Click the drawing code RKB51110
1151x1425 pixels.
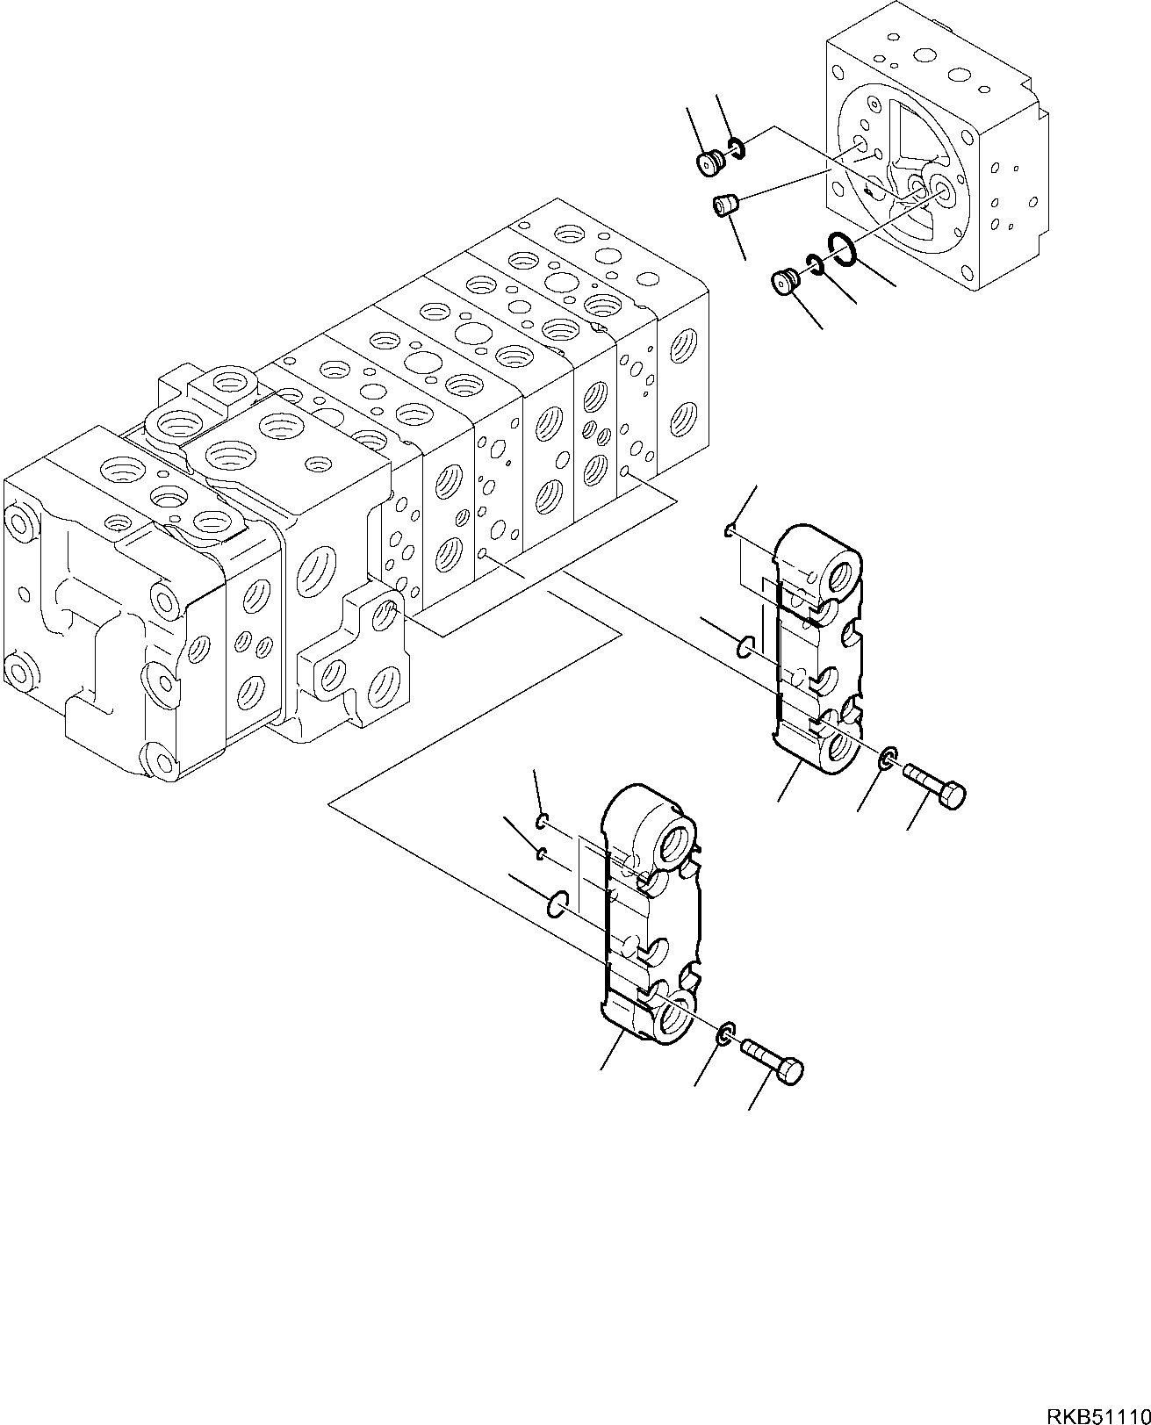1097,1410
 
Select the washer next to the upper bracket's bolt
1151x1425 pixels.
888,756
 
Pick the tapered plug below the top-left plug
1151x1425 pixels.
724,207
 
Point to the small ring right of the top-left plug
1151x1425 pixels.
737,150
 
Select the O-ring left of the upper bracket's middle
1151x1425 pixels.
744,647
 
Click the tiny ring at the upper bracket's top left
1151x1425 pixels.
730,529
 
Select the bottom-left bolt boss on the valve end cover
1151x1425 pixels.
24,673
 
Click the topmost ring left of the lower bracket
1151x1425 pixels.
542,821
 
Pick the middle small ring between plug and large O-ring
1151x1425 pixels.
814,263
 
